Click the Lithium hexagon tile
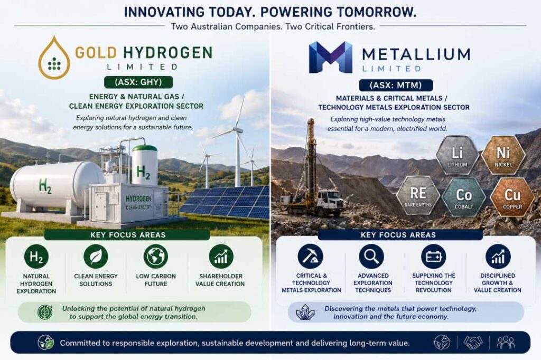tap(457, 156)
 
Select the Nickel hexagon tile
tap(503, 155)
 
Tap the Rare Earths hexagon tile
tap(418, 195)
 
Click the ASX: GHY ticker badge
tap(138, 82)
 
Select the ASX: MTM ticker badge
tap(396, 85)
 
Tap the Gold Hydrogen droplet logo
tap(54, 58)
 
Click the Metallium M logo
tap(331, 57)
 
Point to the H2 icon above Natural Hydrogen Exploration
tap(36, 257)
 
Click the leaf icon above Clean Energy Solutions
tap(96, 257)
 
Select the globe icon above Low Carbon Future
tap(156, 257)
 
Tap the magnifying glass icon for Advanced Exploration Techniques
tap(371, 257)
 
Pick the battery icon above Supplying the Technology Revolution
tap(433, 257)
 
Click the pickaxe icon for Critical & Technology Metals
tap(311, 257)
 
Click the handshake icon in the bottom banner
tap(473, 343)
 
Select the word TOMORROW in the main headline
tap(377, 12)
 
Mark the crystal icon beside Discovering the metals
tap(305, 312)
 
